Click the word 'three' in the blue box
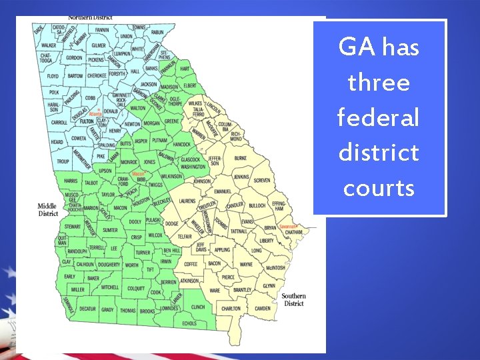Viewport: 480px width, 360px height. (x=379, y=83)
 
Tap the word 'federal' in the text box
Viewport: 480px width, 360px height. (x=379, y=118)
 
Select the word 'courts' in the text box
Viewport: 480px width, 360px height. (x=379, y=188)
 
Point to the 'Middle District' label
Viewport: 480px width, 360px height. (x=47, y=210)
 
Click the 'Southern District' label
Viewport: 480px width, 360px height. (x=293, y=299)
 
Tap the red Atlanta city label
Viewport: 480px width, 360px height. (x=95, y=114)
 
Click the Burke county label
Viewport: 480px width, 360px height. (x=240, y=158)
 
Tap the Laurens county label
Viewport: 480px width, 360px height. (x=187, y=201)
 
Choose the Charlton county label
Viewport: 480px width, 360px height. (x=231, y=309)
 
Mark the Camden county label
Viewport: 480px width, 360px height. (x=263, y=309)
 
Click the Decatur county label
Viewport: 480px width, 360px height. (x=87, y=309)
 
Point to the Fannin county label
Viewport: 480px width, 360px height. (x=102, y=30)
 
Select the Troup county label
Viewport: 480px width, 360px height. (x=63, y=161)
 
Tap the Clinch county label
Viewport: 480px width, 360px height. (x=198, y=307)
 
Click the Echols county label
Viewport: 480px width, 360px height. (x=189, y=323)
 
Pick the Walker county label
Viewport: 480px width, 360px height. (x=48, y=45)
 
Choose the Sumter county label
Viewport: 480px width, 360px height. (x=110, y=230)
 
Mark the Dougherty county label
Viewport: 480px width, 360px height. (x=109, y=265)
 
